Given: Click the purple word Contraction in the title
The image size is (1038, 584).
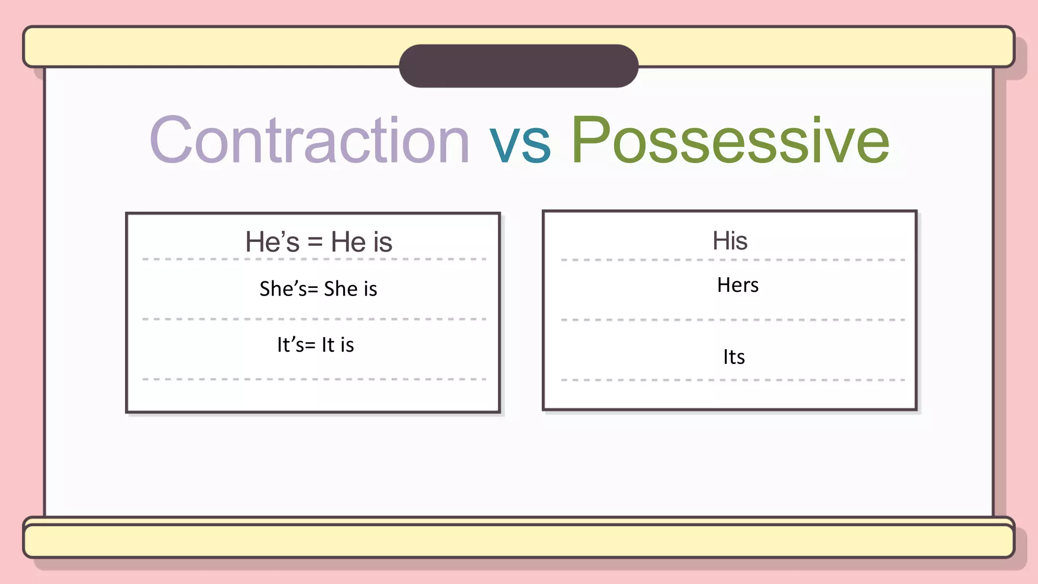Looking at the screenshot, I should click(310, 140).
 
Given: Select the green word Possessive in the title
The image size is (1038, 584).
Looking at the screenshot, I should click(730, 140).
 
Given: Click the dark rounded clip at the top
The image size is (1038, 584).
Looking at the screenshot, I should click(518, 66).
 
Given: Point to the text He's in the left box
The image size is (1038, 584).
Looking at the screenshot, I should click(272, 242).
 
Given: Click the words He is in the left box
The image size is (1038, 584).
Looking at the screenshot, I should click(361, 242).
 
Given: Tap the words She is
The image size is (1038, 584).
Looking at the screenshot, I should click(351, 289).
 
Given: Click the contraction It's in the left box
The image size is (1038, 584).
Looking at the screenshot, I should click(291, 345).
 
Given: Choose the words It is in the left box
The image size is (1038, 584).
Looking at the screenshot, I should click(338, 345).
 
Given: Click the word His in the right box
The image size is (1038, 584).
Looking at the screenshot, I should click(730, 241).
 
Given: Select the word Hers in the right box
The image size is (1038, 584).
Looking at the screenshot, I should click(738, 285).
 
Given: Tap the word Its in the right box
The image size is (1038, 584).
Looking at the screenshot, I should click(734, 357).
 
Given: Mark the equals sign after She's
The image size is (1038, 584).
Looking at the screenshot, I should click(313, 290).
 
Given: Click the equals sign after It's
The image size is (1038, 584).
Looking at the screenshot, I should click(310, 346).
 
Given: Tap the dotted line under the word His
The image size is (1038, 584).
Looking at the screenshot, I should click(733, 260).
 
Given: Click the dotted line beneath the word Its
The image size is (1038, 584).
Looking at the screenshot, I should click(733, 380).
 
